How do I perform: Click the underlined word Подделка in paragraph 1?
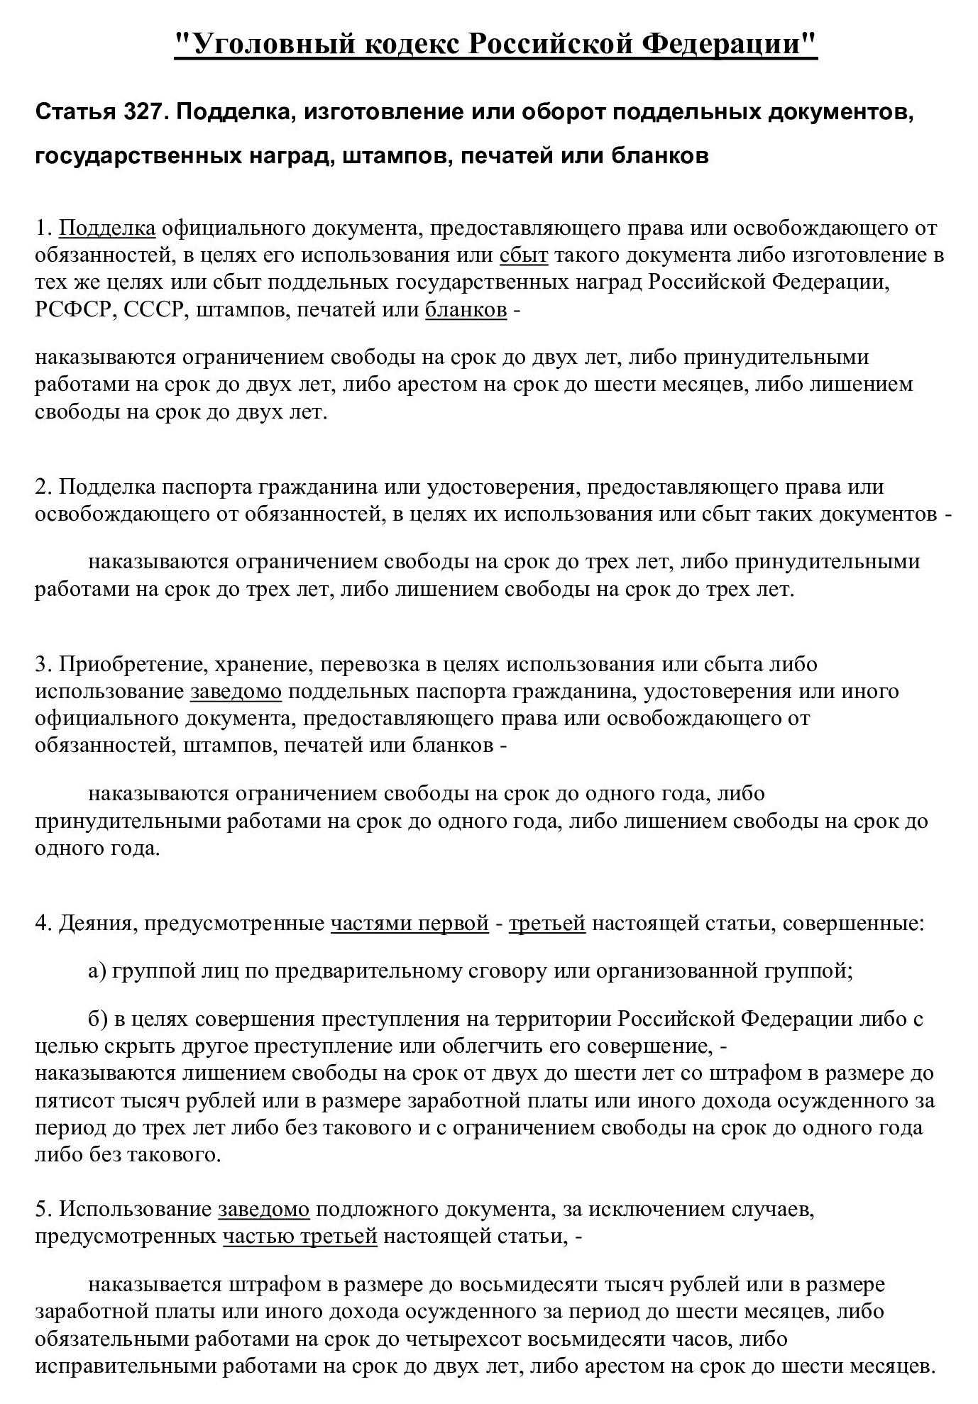pos(107,228)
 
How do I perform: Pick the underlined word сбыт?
pos(524,255)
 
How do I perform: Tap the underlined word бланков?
pos(466,310)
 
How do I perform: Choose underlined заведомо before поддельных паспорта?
pos(236,691)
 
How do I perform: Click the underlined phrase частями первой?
pos(410,924)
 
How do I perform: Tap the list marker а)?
pos(97,971)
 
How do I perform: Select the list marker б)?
pos(97,1019)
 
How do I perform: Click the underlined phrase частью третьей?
pos(300,1237)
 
